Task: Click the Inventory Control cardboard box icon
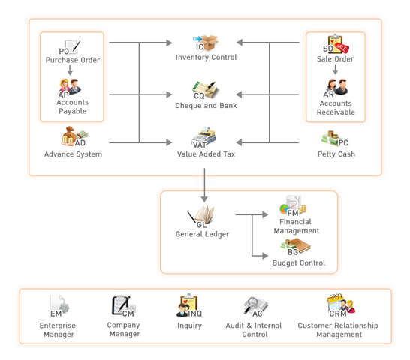coord(208,43)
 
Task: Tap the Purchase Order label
coord(73,60)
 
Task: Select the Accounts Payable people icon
coord(70,87)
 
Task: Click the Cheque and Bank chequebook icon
coord(206,89)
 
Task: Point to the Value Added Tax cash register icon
coord(204,137)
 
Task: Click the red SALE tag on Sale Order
coord(342,48)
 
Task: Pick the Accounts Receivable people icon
coord(336,87)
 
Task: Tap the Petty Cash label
coord(336,154)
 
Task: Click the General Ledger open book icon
coord(202,216)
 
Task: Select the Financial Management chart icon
coord(293,205)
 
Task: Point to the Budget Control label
coord(299,262)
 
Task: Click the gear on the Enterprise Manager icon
coord(65,307)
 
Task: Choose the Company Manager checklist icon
coord(122,305)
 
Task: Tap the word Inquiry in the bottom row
coord(189,325)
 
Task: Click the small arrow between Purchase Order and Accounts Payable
coord(70,70)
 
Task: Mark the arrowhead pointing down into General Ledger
coord(204,199)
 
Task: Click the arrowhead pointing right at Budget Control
coord(265,256)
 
